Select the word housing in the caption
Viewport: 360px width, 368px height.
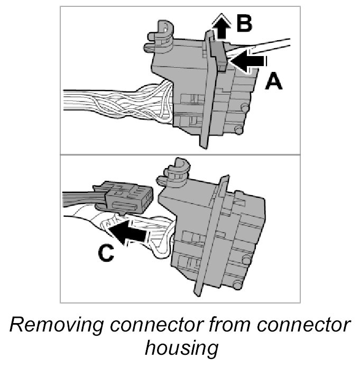[x=180, y=349]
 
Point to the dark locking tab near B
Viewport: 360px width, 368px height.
[x=217, y=53]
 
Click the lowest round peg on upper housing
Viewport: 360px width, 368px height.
[x=239, y=129]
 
